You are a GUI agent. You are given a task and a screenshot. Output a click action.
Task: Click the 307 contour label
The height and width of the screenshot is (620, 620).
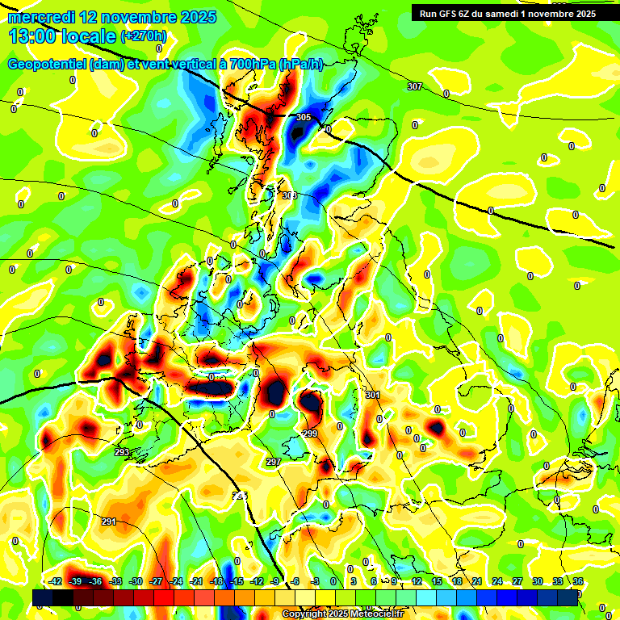(414, 86)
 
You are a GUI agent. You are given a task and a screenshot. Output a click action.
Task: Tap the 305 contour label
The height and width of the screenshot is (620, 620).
(303, 117)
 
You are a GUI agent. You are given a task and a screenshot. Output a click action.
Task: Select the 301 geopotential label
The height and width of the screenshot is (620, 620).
(372, 395)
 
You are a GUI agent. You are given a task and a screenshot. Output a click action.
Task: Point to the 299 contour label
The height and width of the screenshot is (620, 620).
(310, 434)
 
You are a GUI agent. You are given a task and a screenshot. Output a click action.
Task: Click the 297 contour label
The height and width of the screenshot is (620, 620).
(273, 462)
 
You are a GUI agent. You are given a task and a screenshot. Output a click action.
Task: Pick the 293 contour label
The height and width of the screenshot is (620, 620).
(122, 452)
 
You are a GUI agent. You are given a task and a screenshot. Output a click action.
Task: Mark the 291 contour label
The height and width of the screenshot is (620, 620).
(108, 522)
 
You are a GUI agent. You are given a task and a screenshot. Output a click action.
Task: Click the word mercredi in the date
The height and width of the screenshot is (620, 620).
(41, 17)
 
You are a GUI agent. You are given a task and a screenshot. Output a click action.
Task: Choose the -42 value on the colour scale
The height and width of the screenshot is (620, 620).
(56, 581)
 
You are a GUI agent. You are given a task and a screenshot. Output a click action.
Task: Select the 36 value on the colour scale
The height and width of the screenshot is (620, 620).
(578, 581)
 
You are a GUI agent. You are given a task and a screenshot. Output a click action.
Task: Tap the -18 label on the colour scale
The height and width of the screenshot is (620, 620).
(216, 581)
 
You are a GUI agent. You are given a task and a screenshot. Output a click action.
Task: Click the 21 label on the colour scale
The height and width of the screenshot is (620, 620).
(477, 581)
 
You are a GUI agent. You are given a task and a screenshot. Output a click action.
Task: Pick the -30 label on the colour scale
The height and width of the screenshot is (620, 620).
(136, 581)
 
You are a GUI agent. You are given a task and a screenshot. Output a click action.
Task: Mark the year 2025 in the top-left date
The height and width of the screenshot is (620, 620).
(194, 17)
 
